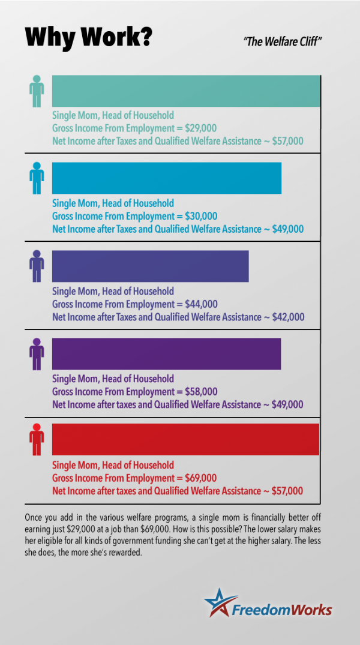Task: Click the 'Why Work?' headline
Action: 88,37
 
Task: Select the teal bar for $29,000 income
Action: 186,91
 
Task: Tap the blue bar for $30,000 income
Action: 167,178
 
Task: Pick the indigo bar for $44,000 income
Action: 150,266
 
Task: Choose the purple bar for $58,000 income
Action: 166,353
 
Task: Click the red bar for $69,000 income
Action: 185,440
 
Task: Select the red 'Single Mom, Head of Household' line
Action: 113,465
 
